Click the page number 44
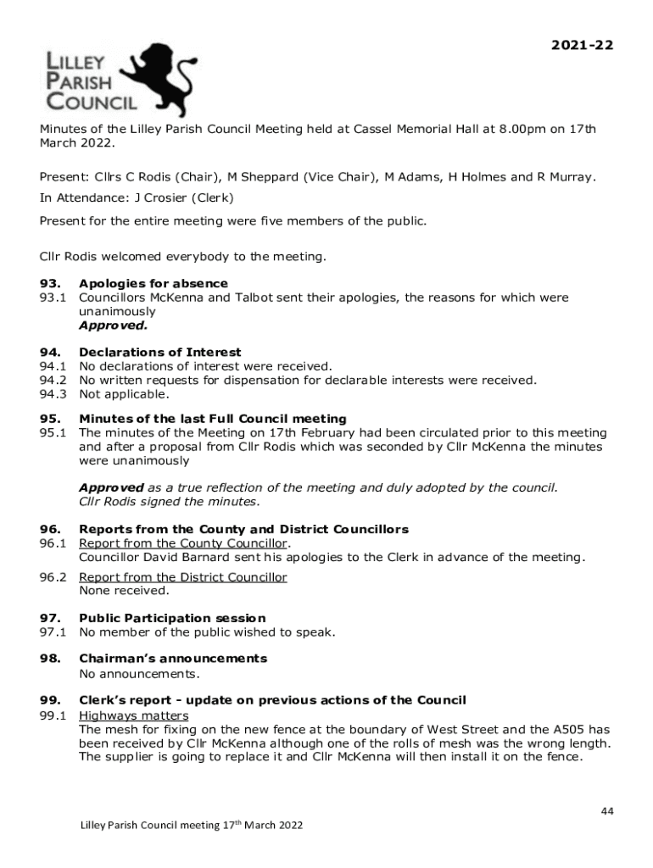(x=606, y=811)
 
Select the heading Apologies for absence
(x=153, y=283)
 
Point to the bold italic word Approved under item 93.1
(x=113, y=325)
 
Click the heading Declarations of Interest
(x=159, y=352)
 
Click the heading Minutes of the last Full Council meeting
(x=212, y=418)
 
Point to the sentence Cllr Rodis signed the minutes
(x=169, y=501)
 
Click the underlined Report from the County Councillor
(x=183, y=543)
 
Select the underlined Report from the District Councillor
(x=182, y=577)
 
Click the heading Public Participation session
(x=172, y=618)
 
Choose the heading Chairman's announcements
(x=172, y=658)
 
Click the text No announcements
(x=139, y=675)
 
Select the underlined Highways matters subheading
(x=133, y=715)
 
